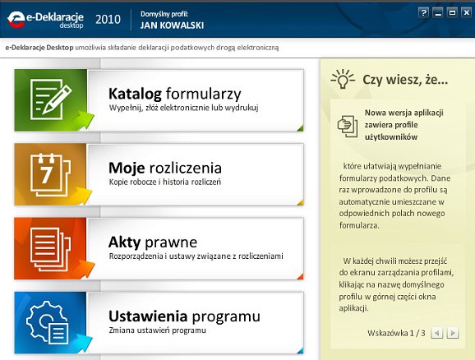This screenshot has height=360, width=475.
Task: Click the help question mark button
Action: coord(423,12)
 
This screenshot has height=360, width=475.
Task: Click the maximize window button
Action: coord(452,12)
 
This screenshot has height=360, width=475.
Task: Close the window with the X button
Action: coord(466,12)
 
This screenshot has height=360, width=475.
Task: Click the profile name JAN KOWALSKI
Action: coord(172,25)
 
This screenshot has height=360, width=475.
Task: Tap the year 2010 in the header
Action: coord(108,20)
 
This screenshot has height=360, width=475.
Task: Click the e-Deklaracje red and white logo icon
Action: coord(16,20)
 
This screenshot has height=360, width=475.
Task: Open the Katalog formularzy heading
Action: coord(175,94)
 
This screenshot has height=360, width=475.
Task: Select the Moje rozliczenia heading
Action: coord(165,168)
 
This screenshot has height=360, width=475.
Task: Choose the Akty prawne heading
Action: coord(153,242)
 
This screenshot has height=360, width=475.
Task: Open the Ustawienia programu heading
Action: coord(184,316)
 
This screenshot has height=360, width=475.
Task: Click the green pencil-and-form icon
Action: coord(51,99)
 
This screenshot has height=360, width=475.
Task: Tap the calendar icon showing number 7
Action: coord(50,175)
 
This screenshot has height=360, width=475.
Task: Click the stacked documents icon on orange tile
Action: coord(50,249)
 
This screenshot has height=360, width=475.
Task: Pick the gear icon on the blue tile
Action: coord(48,322)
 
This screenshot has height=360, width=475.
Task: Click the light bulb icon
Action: coord(343,79)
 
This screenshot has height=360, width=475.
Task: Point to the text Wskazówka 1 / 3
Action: coord(396,333)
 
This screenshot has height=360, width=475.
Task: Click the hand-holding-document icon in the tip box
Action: coord(348,126)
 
